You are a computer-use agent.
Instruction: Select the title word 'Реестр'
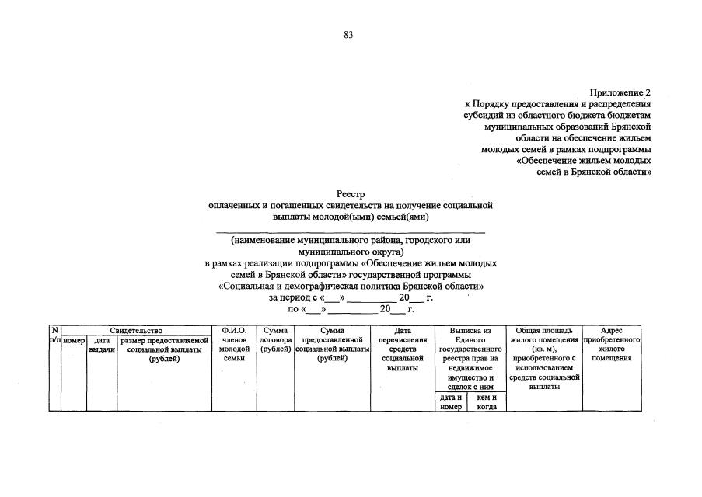click(350, 193)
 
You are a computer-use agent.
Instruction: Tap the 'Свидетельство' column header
click(136, 331)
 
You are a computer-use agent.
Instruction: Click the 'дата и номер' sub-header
click(450, 402)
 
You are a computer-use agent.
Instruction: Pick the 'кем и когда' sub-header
click(487, 402)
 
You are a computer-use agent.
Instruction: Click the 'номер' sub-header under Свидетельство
click(74, 340)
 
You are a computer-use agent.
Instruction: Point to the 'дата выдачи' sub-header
click(102, 345)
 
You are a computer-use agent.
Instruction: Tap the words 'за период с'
click(294, 297)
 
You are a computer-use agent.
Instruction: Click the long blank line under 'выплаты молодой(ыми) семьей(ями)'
click(350, 231)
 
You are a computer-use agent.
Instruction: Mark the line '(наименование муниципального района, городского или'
click(350, 242)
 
